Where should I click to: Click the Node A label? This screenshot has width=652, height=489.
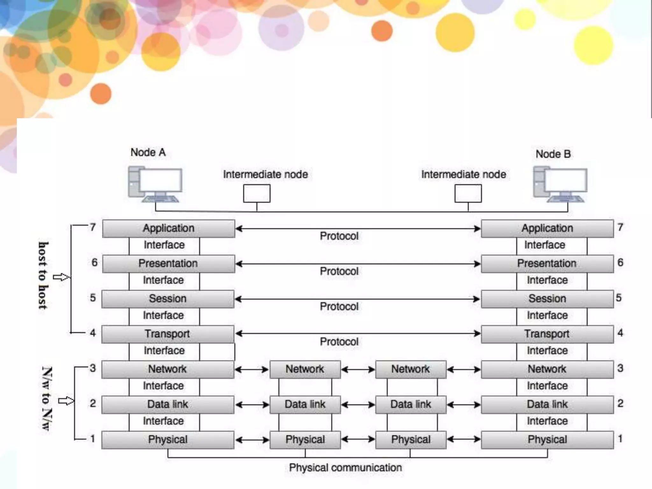148,152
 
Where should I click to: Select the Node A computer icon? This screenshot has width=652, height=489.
155,184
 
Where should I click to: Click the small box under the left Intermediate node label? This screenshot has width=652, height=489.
257,194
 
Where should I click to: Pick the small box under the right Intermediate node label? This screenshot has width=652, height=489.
468,194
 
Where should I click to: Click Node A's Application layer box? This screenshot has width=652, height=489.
168,229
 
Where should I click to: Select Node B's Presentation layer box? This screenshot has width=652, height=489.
547,264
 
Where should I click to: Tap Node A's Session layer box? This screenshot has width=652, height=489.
168,299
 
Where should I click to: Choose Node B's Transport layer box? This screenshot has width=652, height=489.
547,334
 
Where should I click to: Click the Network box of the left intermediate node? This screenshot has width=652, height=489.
305,369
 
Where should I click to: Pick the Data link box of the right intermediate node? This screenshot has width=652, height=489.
411,405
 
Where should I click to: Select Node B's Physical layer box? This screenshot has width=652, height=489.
547,440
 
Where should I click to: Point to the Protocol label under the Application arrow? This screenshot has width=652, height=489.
339,236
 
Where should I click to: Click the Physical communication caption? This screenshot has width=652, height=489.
345,468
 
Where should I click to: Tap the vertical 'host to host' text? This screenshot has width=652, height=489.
43,276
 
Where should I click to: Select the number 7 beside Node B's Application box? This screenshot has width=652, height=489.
620,227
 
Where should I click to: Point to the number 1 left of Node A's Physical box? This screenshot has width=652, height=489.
93,439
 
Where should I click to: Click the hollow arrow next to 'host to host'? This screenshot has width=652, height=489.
61,277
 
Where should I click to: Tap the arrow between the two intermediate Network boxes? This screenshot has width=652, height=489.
358,370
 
